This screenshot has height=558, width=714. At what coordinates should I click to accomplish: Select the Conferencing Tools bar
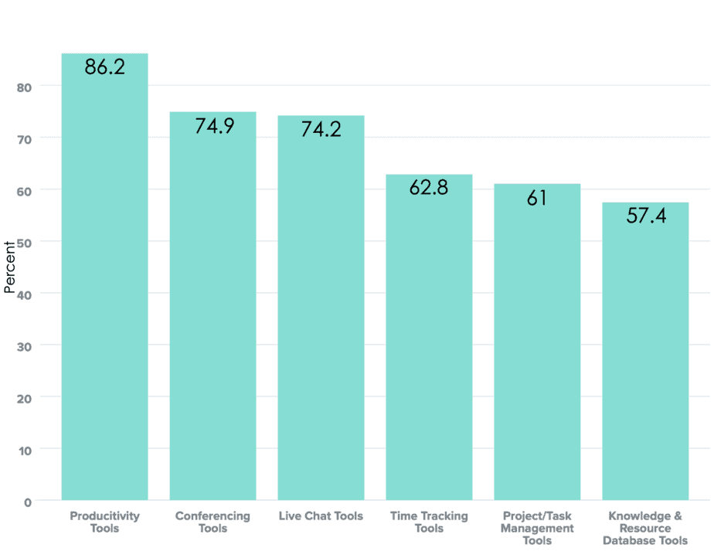[212, 309]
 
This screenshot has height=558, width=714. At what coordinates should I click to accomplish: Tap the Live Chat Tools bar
[321, 309]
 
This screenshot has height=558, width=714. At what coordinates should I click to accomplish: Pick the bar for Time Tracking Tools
[429, 340]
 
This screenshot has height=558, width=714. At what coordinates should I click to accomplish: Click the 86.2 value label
[104, 67]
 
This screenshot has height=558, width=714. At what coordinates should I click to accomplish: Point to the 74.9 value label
[213, 126]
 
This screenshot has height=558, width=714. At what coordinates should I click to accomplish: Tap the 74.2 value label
[321, 129]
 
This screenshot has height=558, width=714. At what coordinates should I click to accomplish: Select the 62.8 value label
[429, 188]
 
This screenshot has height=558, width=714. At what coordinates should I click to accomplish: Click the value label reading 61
[537, 198]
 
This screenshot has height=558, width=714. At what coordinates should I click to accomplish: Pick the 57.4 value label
[646, 216]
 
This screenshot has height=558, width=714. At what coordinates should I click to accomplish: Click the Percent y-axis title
[10, 267]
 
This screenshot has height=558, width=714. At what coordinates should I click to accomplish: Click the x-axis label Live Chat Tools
[321, 516]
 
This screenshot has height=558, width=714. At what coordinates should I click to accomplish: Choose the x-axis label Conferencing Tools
[212, 522]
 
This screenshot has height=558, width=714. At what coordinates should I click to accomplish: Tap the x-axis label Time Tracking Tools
[429, 522]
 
